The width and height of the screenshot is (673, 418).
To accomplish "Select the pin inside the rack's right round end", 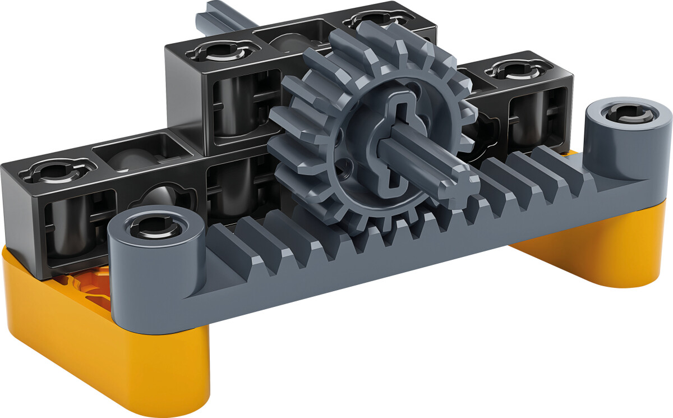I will (x=629, y=113).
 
